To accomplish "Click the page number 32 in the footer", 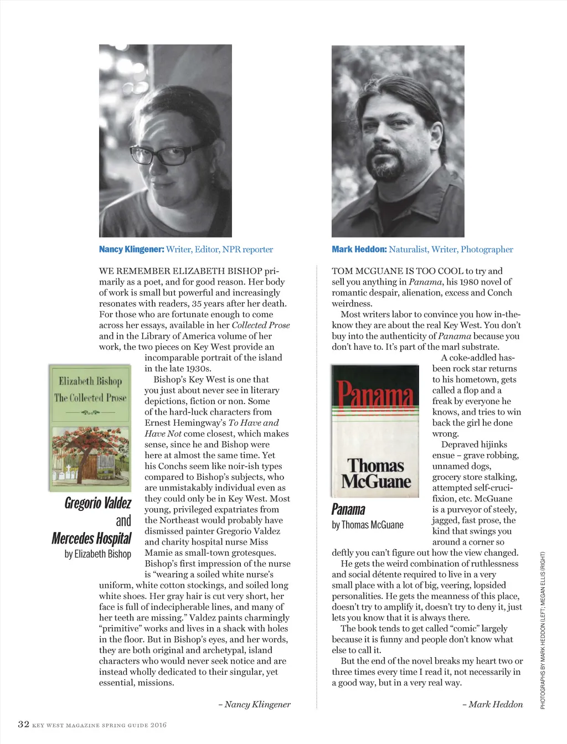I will pos(23,724).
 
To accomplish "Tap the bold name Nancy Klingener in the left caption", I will pos(131,249).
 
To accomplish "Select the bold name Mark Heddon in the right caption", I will pos(359,249).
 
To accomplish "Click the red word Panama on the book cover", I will pos(375,394).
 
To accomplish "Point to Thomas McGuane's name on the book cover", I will pos(376,473).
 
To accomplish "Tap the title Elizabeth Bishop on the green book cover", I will pos(90,381).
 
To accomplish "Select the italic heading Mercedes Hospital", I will pos(91,538).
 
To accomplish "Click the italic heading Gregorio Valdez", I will pos(98,503).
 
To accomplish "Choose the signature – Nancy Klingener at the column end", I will pos(254,704).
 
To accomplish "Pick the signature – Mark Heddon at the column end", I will pos(492,704).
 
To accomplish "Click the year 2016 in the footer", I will pos(158,725).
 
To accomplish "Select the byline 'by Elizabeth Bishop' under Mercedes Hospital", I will pos(98,554).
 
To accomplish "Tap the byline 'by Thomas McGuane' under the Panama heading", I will pos(368,525).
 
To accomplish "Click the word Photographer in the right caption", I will pos(487,249).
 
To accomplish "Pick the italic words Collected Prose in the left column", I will pos(261,325).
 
